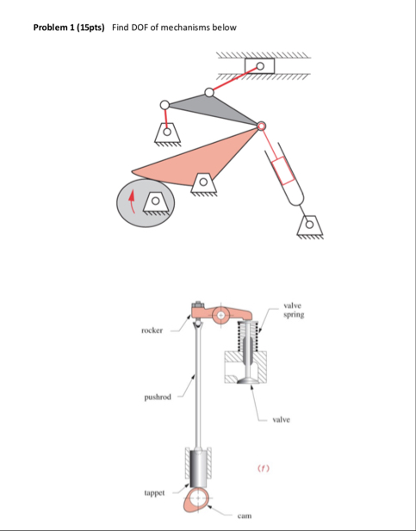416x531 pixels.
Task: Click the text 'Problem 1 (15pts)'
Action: (69, 28)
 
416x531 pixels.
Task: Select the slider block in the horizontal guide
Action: (260, 65)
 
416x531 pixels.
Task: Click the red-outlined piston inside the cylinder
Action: (283, 170)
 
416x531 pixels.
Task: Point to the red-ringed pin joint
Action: (261, 127)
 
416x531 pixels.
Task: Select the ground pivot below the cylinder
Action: (310, 226)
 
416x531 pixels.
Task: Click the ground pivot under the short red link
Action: (167, 134)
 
